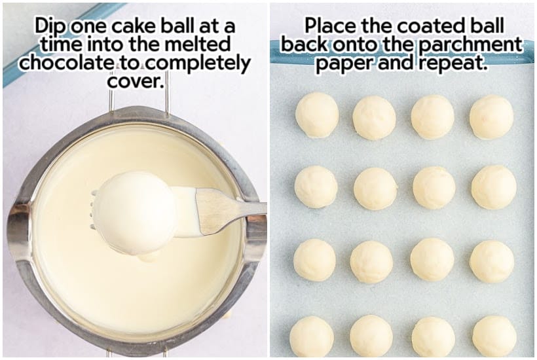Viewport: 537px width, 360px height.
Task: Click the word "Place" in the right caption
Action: (x=331, y=26)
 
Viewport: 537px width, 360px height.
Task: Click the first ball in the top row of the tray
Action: (x=317, y=115)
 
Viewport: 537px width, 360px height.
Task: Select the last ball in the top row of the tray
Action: (x=491, y=117)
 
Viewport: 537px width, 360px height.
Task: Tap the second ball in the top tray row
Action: (x=374, y=118)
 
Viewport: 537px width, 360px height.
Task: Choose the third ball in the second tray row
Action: (x=434, y=188)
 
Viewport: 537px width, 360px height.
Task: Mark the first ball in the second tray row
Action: (x=316, y=187)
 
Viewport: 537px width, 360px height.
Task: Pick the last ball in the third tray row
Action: (x=492, y=261)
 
